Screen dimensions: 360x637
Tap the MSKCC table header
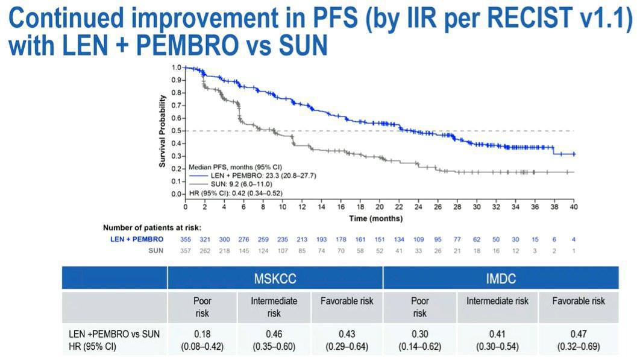(x=274, y=279)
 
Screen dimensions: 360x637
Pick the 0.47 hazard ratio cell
(x=579, y=333)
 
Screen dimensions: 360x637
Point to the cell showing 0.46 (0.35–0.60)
(x=274, y=340)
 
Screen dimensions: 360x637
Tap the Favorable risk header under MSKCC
(x=347, y=301)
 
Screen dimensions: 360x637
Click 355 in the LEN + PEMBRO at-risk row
(x=186, y=239)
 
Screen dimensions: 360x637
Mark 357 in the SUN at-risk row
(x=186, y=250)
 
